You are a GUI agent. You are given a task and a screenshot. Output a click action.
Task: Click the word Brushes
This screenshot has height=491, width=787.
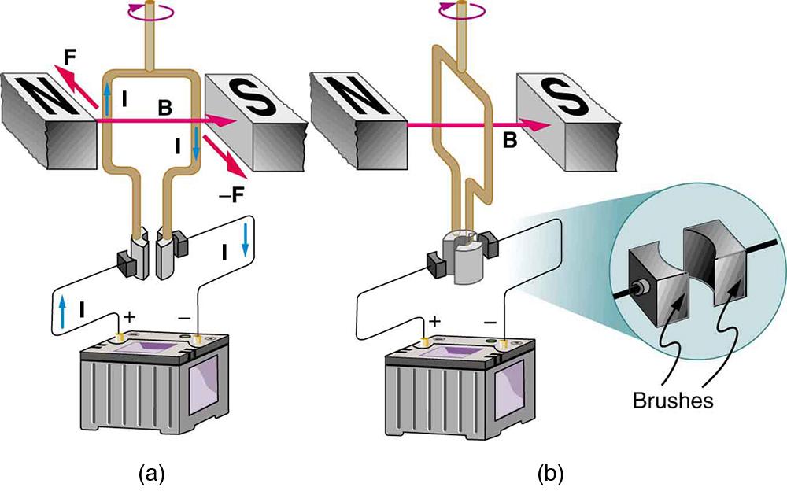click(x=673, y=401)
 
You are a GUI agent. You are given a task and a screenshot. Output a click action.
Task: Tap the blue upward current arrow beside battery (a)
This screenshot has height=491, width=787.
click(x=62, y=311)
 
